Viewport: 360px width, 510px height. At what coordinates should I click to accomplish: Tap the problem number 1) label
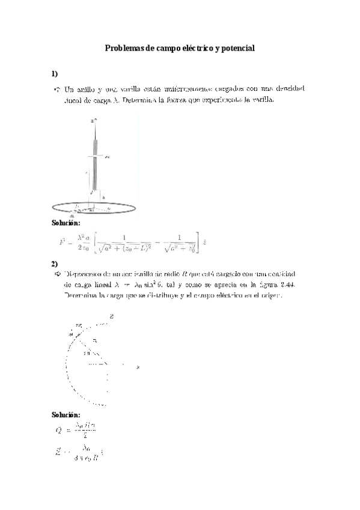tap(54, 73)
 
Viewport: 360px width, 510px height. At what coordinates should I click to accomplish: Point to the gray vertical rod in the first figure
tap(94, 162)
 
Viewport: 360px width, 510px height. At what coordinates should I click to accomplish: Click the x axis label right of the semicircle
tap(123, 363)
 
